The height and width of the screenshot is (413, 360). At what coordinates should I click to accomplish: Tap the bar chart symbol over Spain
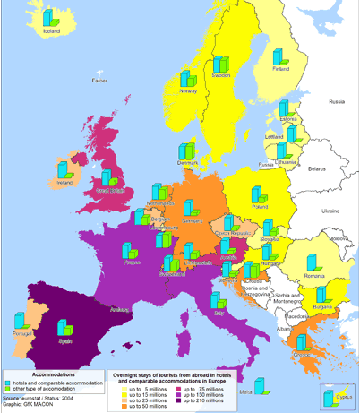click(x=64, y=328)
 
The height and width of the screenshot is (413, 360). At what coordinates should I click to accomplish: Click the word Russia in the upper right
click(x=336, y=102)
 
